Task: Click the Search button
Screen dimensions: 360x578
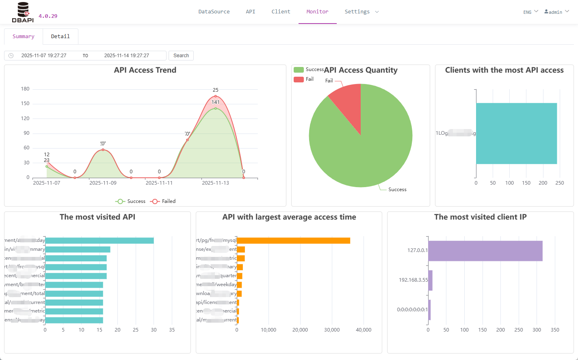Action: (181, 56)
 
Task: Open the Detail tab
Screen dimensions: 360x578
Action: (60, 37)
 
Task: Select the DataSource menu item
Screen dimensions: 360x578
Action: (214, 12)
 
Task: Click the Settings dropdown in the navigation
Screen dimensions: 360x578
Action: (361, 12)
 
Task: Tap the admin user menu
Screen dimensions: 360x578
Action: (556, 12)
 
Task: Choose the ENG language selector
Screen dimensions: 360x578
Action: (530, 12)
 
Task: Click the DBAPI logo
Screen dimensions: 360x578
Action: (23, 12)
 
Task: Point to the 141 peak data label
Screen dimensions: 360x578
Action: (215, 102)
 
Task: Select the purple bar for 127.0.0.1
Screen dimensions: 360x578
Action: (485, 251)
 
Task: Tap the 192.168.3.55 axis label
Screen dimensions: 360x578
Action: (413, 280)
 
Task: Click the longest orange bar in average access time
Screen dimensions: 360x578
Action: (293, 241)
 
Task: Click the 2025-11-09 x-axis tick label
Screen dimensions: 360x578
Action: (103, 183)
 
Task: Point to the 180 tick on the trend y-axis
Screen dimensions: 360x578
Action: (25, 89)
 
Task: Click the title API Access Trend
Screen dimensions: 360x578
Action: (145, 70)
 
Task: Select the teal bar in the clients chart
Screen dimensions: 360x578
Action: (516, 134)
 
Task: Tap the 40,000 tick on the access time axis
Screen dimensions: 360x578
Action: (363, 330)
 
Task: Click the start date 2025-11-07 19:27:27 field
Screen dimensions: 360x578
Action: (44, 56)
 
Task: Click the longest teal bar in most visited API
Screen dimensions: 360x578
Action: (100, 241)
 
